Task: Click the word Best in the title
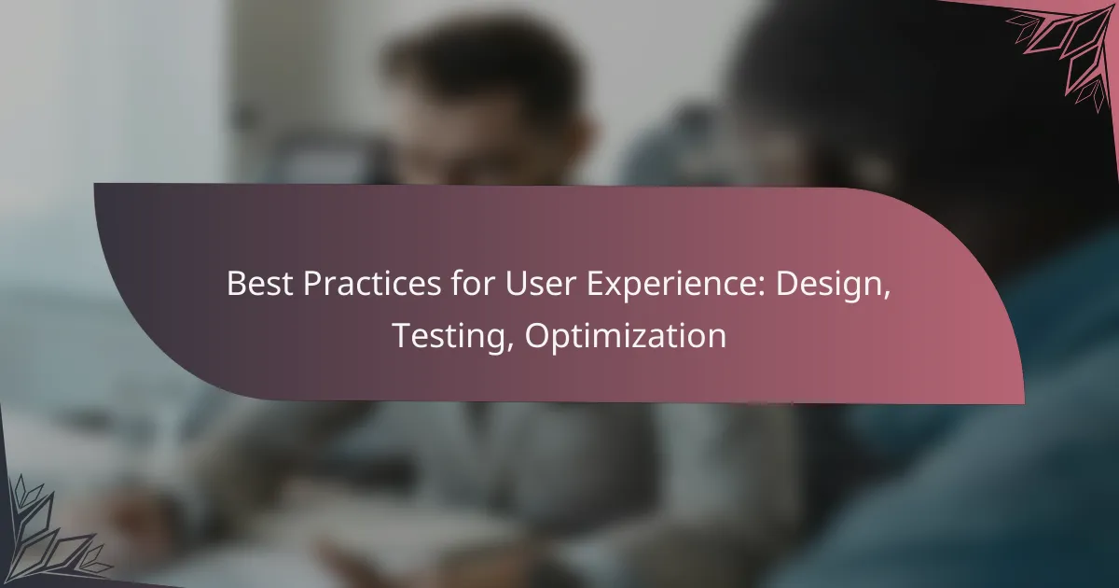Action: [260, 284]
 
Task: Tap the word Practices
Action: [372, 284]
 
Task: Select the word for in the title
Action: [473, 283]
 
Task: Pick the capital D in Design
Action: [786, 284]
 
